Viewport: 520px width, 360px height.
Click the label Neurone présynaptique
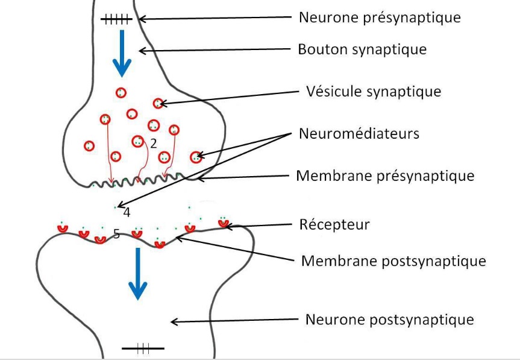click(380, 17)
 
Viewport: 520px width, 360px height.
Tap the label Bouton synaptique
click(362, 49)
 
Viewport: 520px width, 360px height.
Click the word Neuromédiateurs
click(359, 133)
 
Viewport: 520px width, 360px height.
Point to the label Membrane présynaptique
click(385, 176)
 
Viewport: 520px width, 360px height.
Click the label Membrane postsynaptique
click(393, 261)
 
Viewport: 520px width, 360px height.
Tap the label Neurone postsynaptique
click(390, 319)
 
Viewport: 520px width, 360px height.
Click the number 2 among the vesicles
click(153, 144)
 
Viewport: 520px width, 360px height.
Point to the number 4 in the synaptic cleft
click(127, 212)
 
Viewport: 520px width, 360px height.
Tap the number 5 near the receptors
click(116, 234)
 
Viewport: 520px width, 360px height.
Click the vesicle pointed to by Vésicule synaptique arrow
click(158, 103)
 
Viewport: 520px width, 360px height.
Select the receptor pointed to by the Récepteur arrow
click(224, 223)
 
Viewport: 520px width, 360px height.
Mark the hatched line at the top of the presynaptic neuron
click(116, 20)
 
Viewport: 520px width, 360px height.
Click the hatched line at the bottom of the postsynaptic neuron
click(142, 348)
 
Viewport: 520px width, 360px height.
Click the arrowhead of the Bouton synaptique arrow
click(142, 51)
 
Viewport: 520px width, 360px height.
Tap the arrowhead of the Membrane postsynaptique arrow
click(179, 239)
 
